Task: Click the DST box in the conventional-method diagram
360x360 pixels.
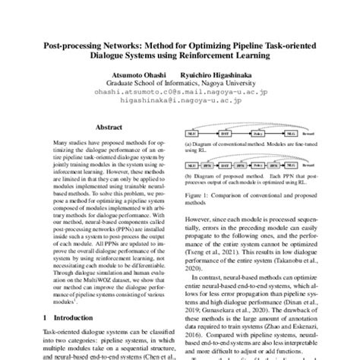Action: (x=224, y=132)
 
